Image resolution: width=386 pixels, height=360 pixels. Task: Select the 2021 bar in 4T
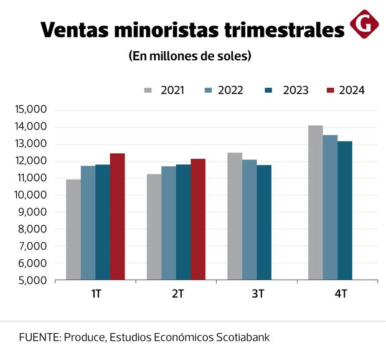coord(316,202)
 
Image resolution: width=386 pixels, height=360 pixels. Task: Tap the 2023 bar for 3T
coord(264,222)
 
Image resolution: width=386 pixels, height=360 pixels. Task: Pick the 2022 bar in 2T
coord(169,223)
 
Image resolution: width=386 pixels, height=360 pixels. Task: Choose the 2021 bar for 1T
coord(73,230)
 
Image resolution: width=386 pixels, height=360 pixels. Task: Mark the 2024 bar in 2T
coord(198,219)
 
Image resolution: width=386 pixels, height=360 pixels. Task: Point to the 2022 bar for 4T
coord(331,207)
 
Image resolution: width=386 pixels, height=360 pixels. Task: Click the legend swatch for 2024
coord(331,90)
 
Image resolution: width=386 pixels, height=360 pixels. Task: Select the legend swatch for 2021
coord(148,90)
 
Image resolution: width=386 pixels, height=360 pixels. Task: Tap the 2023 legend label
coord(296,90)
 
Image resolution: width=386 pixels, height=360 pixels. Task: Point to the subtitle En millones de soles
coord(190,56)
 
